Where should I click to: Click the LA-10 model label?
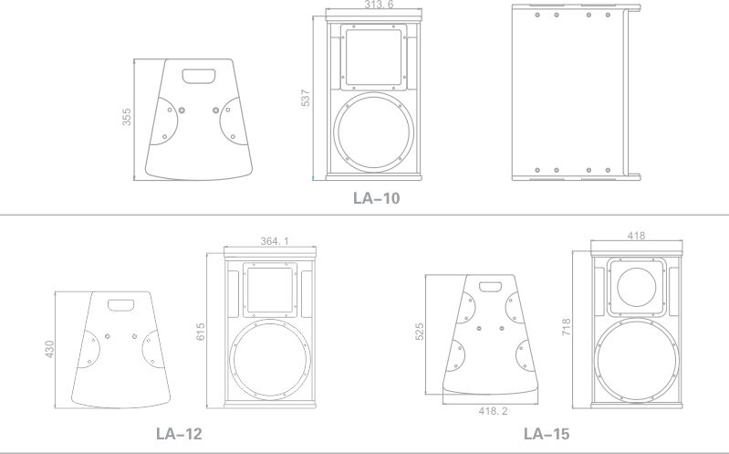point(376,198)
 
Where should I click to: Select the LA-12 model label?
point(179,434)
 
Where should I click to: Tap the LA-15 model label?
point(547,434)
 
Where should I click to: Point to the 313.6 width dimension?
point(379,5)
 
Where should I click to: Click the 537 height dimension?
point(306,99)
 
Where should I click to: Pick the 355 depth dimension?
point(127,117)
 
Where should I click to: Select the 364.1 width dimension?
point(275,241)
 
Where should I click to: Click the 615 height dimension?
point(201,332)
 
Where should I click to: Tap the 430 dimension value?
point(49,349)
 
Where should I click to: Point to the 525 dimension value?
point(420,332)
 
